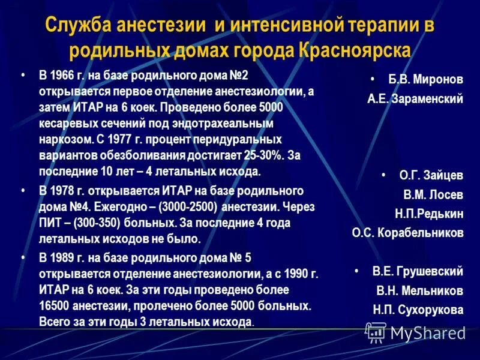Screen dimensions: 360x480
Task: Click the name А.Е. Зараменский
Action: tap(415, 100)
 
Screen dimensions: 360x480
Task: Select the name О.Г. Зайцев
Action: tap(431, 176)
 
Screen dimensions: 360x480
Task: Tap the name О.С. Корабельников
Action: tap(408, 233)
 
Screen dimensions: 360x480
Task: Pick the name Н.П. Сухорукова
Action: tap(419, 310)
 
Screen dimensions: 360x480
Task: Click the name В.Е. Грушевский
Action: tap(418, 271)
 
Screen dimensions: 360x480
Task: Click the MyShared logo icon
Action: tap(376, 332)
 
